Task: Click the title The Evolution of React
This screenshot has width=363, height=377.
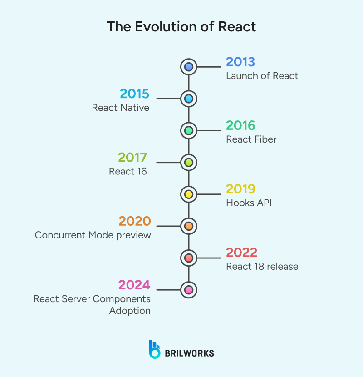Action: coord(181,26)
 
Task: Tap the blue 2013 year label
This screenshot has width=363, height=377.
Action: coord(240,62)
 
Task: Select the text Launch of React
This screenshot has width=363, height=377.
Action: coord(262,76)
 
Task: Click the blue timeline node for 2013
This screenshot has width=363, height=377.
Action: coord(189,67)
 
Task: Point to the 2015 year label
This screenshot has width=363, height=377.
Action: coord(134,94)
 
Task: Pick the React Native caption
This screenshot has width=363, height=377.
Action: coord(120,108)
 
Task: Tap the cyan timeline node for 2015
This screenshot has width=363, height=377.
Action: coord(189,99)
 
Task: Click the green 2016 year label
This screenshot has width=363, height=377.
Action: coord(241,126)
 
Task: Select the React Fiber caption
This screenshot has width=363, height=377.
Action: coord(251,139)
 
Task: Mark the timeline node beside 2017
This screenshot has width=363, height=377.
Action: coord(189,162)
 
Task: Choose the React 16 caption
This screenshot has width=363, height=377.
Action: coord(128,171)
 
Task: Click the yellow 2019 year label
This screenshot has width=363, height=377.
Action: coord(240,189)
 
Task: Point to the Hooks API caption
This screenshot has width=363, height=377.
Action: coord(249,203)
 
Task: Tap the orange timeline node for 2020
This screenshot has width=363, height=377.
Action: coord(189,226)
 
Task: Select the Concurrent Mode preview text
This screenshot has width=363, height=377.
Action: coord(93,235)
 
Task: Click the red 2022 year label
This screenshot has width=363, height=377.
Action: coord(241,253)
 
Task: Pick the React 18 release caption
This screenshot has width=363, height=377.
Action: coord(262,267)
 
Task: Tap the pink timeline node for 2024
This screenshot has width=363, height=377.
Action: coord(189,289)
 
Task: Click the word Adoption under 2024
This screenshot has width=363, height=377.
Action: coord(130,311)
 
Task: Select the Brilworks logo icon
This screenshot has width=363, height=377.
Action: coord(154,349)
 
